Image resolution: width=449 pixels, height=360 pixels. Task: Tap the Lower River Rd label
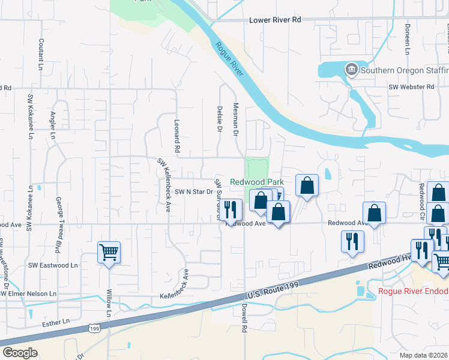coord(275,20)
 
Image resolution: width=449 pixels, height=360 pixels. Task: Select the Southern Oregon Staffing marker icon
coord(351,70)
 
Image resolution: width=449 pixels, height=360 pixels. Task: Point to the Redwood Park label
coord(257,181)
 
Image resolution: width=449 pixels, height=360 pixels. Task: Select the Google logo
coord(20,352)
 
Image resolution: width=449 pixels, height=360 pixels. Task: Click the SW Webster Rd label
coord(411,87)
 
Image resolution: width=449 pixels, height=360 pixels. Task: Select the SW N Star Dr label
coord(194,192)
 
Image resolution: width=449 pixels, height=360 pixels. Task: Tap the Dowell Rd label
coord(244,317)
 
